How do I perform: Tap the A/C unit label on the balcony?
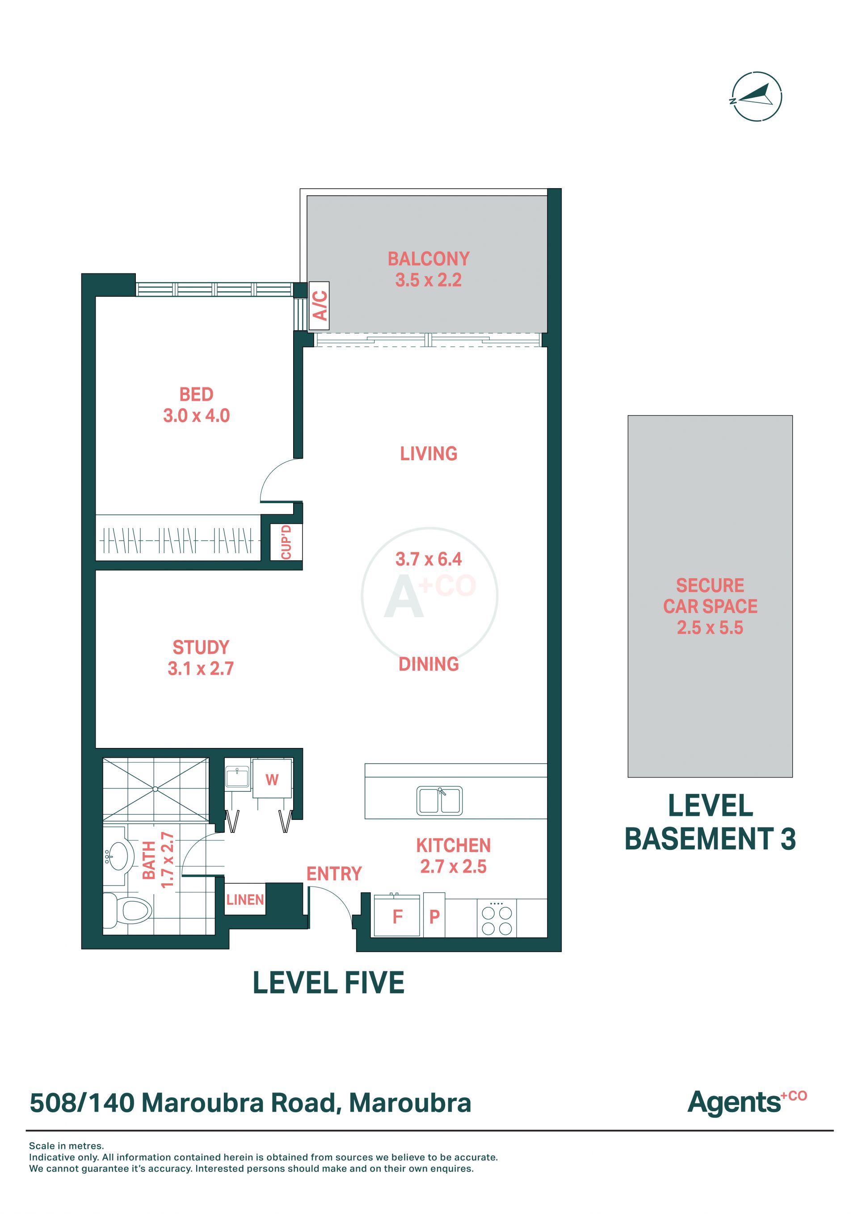pyautogui.click(x=320, y=306)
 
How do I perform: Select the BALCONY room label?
pyautogui.click(x=429, y=259)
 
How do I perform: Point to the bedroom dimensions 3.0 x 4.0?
pyautogui.click(x=196, y=416)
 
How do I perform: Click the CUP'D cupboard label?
pyautogui.click(x=286, y=542)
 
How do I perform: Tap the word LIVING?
pyautogui.click(x=429, y=454)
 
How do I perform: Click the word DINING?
pyautogui.click(x=429, y=664)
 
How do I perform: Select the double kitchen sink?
pyautogui.click(x=440, y=801)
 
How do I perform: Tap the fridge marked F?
pyautogui.click(x=397, y=916)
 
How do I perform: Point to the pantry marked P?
pyautogui.click(x=434, y=916)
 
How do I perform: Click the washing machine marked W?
pyautogui.click(x=272, y=779)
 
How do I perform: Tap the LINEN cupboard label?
pyautogui.click(x=245, y=899)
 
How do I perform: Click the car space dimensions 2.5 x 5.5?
pyautogui.click(x=710, y=628)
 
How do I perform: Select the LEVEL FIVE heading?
pyautogui.click(x=328, y=983)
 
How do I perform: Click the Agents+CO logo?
pyautogui.click(x=747, y=1102)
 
